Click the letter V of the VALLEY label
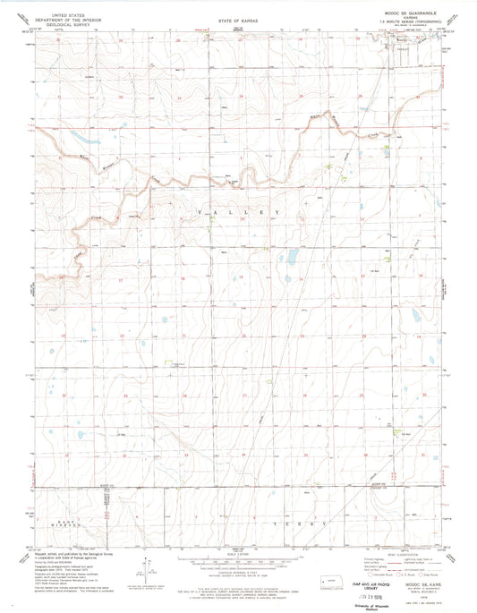coord(187,211)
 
